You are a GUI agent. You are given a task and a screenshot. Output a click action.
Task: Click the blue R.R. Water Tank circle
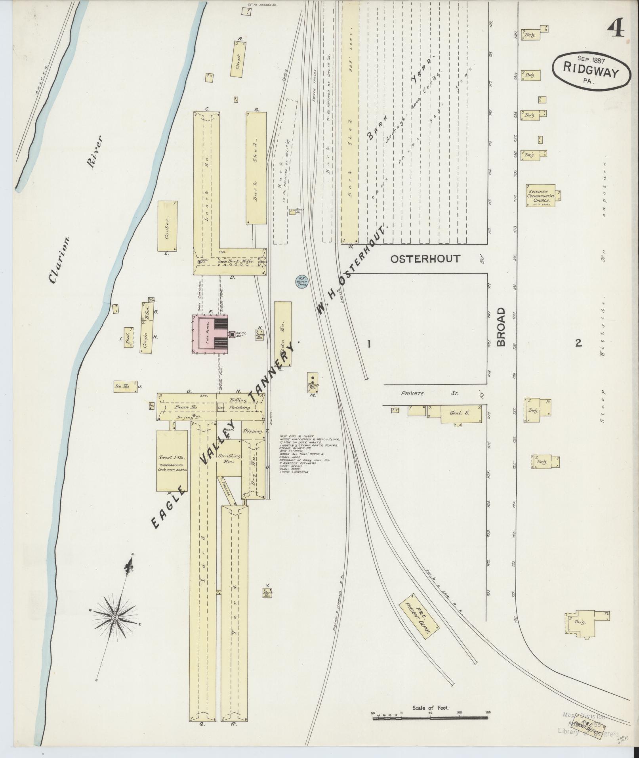(302, 282)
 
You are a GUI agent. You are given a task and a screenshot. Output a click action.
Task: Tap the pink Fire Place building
(210, 334)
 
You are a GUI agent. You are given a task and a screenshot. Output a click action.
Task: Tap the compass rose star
(115, 629)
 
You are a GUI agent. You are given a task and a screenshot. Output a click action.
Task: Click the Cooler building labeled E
(167, 226)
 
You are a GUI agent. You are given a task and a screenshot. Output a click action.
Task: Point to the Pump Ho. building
(313, 382)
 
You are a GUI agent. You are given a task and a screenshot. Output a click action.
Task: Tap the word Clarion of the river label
(59, 260)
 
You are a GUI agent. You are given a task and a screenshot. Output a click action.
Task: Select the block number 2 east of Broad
(578, 343)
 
